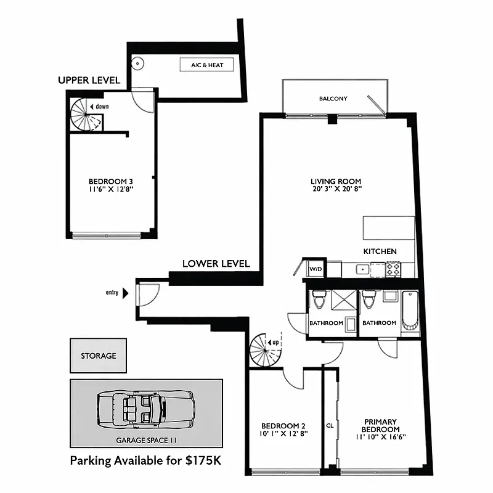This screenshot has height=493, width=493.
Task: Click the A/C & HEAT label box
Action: tap(207, 65)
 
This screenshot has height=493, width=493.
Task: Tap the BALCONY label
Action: tap(333, 99)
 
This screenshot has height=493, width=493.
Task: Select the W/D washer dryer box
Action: tap(316, 269)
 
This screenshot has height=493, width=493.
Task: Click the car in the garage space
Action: tap(145, 410)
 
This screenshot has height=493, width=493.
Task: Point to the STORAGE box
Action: tap(98, 356)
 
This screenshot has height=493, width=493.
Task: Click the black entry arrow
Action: tap(126, 293)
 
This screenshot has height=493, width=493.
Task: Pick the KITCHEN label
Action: tap(380, 251)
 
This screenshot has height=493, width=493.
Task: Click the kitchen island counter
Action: tap(388, 227)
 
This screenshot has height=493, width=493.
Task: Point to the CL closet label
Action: tap(330, 425)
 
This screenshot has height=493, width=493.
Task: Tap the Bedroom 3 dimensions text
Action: tap(111, 189)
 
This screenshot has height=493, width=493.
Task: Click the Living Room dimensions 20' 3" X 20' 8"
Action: tap(335, 189)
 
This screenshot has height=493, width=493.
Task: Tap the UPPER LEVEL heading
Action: tap(89, 81)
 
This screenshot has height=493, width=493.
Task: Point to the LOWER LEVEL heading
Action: tap(216, 264)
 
